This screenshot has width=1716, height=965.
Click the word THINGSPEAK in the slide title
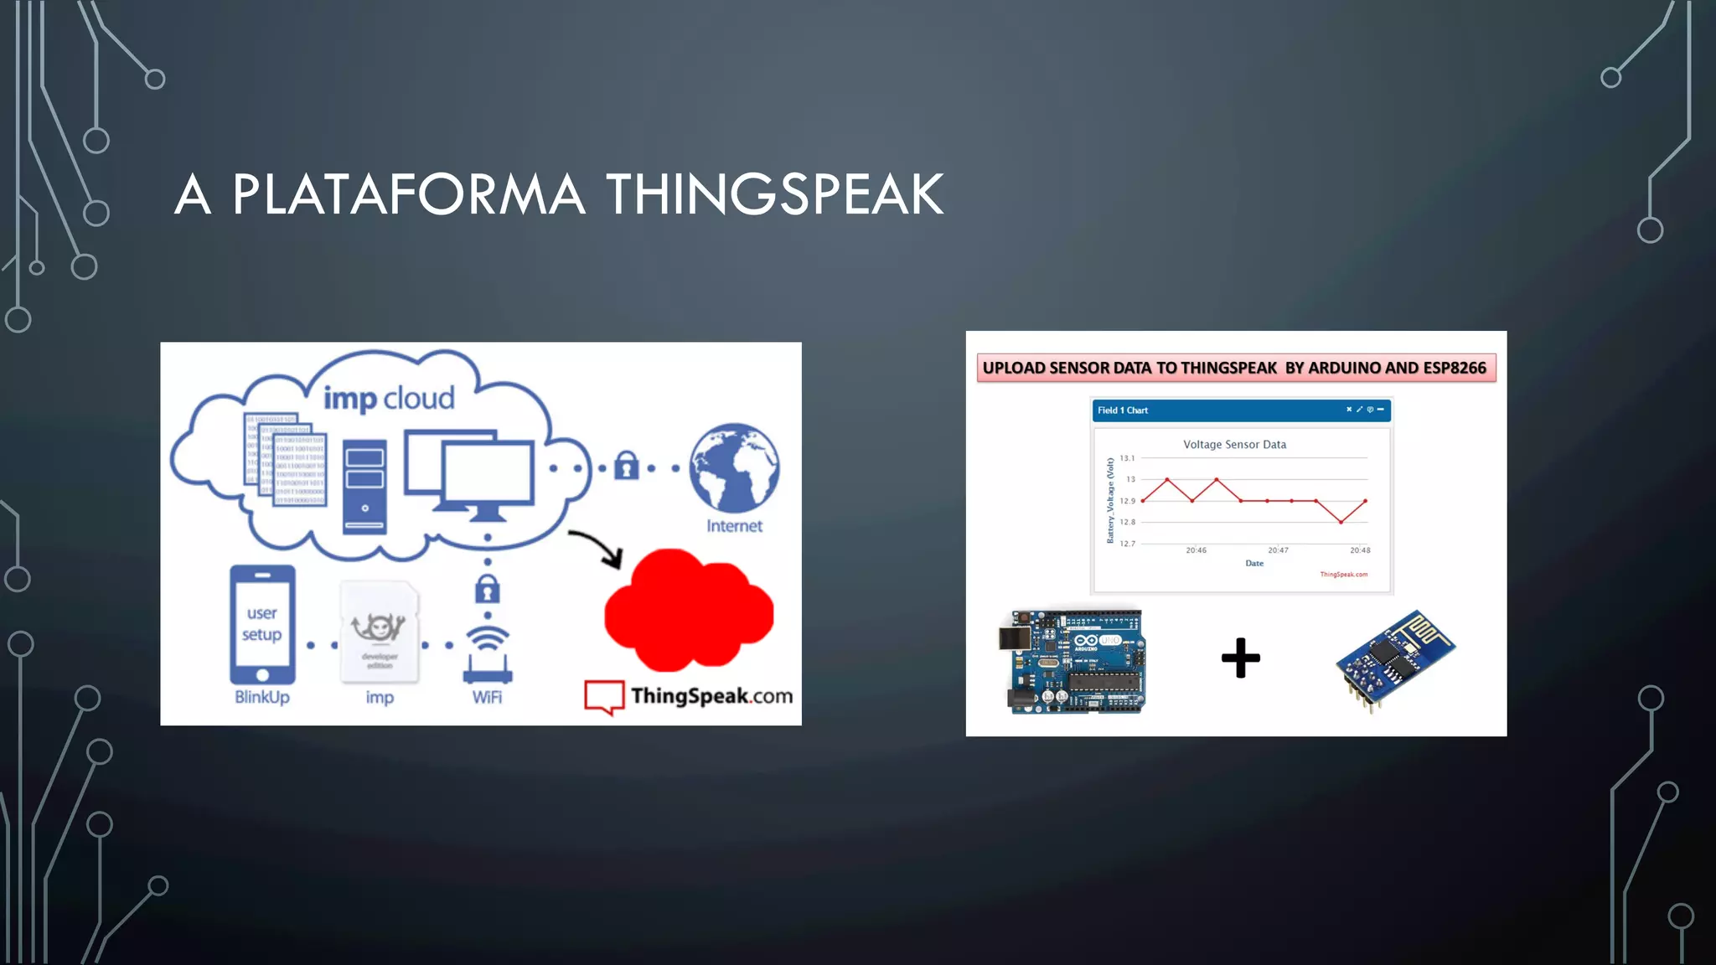(x=774, y=194)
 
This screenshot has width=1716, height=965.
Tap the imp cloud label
(x=389, y=398)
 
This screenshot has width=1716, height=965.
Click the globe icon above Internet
(x=734, y=467)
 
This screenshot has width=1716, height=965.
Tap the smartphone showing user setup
(x=262, y=625)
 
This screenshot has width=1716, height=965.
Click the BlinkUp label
(x=261, y=697)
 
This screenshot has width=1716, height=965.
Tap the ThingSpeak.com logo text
(x=711, y=695)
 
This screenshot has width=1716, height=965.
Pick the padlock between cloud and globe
(x=626, y=466)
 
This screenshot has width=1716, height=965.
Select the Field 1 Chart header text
(x=1123, y=410)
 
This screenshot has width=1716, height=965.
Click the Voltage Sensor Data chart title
(x=1234, y=445)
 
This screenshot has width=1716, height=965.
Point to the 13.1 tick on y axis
(x=1127, y=458)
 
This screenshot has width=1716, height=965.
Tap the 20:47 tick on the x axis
(x=1278, y=550)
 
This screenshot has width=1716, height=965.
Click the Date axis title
(x=1254, y=563)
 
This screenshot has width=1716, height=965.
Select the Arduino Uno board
(x=1074, y=662)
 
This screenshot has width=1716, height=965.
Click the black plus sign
(x=1240, y=658)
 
